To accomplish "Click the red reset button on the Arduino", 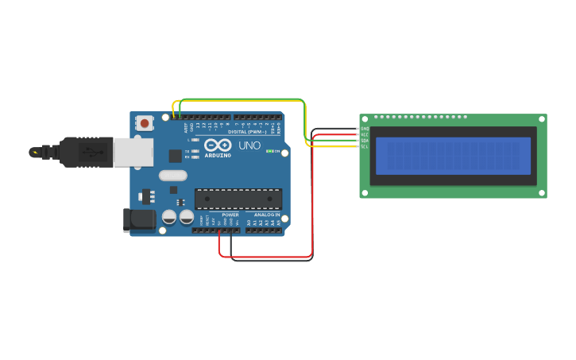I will (145, 123).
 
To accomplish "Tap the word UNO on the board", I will (249, 145).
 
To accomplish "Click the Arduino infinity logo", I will (218, 145).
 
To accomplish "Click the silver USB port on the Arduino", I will (133, 153).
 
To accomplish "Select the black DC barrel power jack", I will (139, 220).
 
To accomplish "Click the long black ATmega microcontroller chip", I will (238, 199).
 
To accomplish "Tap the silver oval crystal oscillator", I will (172, 176).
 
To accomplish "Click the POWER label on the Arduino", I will (230, 215).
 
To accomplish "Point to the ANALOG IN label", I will (267, 215).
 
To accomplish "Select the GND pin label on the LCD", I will (365, 128).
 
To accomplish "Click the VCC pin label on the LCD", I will (365, 134).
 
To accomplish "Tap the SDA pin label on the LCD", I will (365, 141).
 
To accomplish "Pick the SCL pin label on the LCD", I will (365, 146).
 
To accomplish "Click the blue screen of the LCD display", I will (453, 156).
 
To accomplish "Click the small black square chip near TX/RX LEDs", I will (174, 156).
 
